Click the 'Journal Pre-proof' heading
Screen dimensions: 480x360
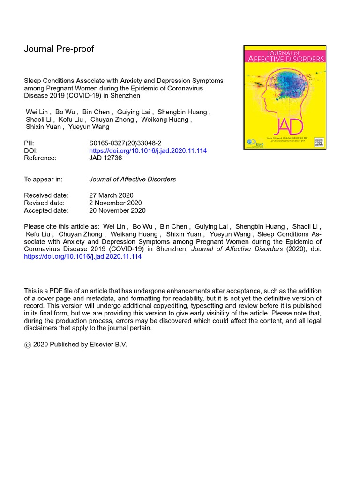click(59, 49)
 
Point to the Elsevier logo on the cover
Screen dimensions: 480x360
click(319, 142)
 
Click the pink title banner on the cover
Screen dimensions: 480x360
click(285, 55)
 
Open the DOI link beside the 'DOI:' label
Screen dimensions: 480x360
click(148, 151)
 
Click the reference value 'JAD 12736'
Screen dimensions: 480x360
click(105, 158)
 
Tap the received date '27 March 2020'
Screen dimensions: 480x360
click(111, 195)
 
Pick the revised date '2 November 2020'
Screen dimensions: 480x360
click(115, 203)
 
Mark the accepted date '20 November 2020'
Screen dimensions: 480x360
click(117, 210)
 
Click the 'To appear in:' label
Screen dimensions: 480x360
click(43, 179)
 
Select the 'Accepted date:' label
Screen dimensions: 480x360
click(46, 210)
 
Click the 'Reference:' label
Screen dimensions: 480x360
click(40, 158)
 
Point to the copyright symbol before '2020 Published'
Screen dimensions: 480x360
click(28, 345)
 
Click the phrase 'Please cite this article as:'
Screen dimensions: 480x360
click(61, 226)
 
